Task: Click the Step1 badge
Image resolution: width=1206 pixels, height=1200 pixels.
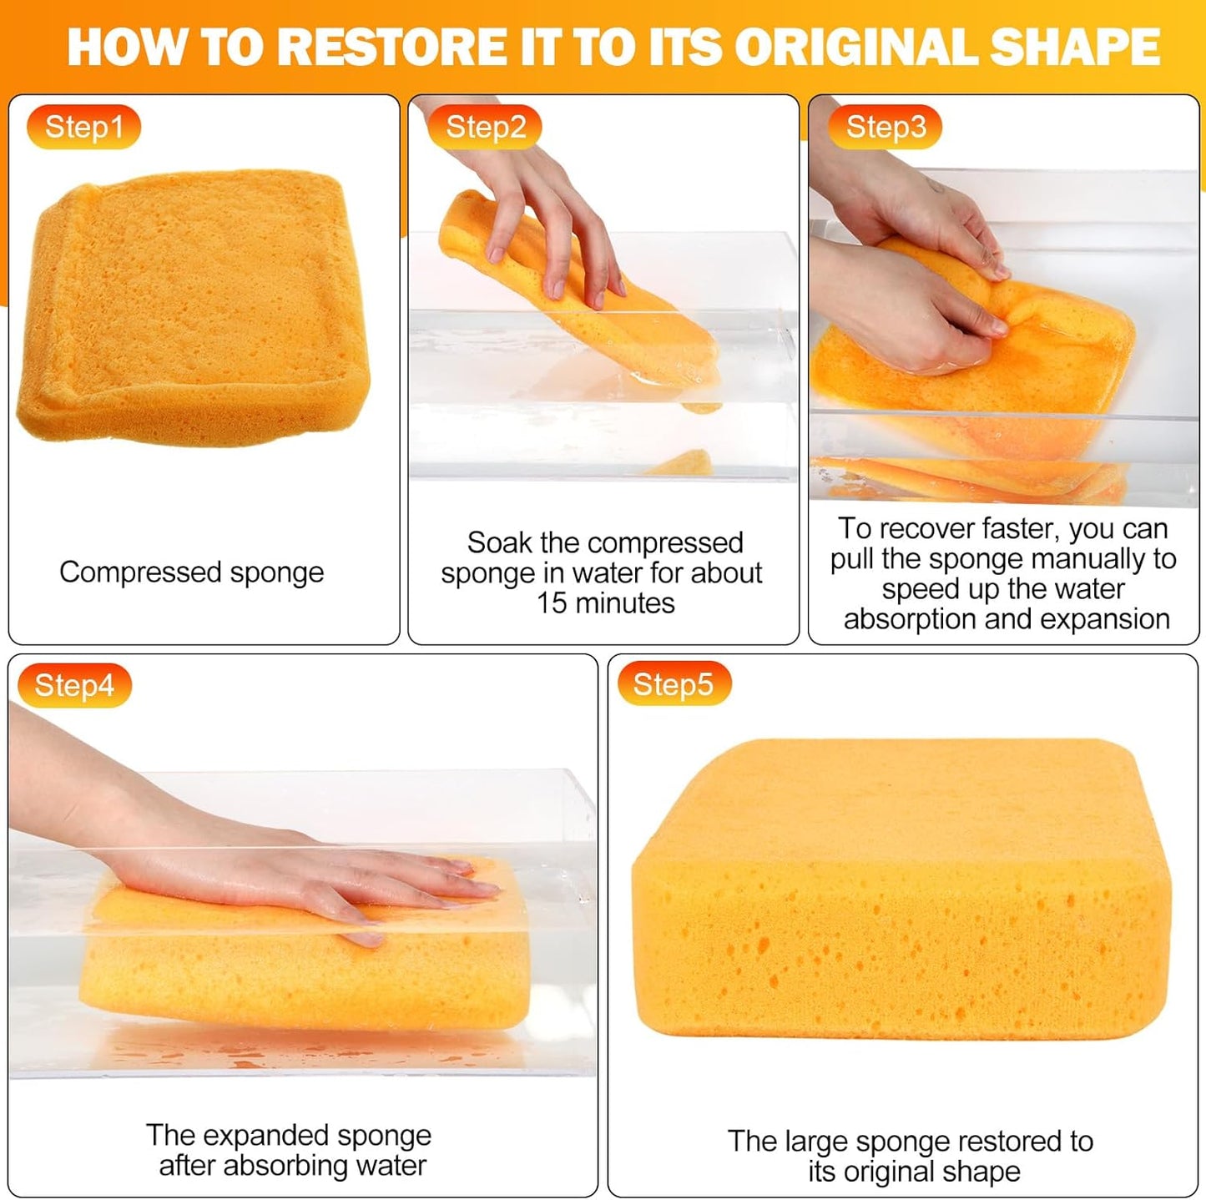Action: pyautogui.click(x=83, y=127)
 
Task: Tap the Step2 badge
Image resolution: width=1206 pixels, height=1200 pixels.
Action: pyautogui.click(x=485, y=127)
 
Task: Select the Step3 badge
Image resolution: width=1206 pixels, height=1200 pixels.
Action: pyautogui.click(x=885, y=127)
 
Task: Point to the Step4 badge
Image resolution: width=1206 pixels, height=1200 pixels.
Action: pyautogui.click(x=74, y=685)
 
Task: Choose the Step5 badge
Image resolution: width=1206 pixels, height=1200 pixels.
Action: pyautogui.click(x=673, y=684)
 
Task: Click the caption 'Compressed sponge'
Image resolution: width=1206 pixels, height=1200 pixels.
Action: pyautogui.click(x=191, y=572)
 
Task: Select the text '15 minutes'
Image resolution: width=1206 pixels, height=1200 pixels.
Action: pyautogui.click(x=605, y=603)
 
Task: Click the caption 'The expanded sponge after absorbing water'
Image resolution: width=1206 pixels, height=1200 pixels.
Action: pyautogui.click(x=289, y=1150)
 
